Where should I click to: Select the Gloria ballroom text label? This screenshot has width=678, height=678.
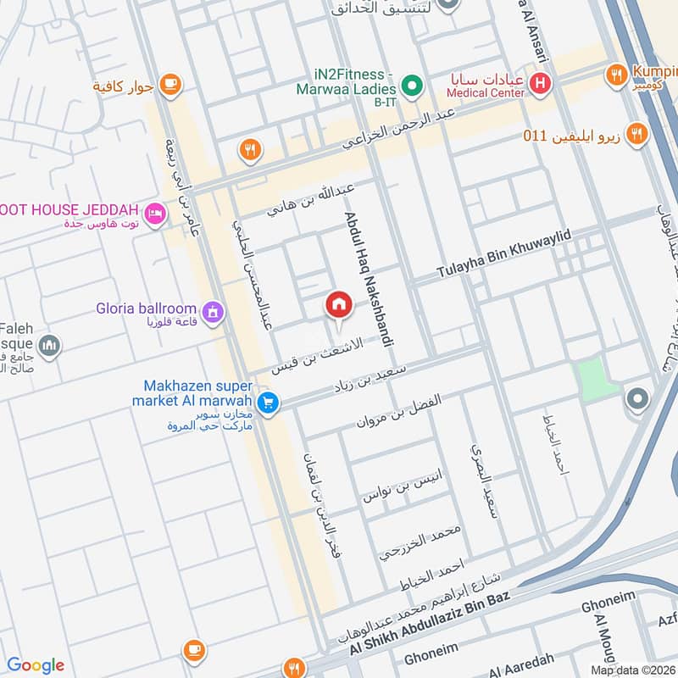coord(146,309)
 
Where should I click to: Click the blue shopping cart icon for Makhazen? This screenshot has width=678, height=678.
coord(268,403)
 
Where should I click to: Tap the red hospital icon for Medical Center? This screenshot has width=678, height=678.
coord(538,83)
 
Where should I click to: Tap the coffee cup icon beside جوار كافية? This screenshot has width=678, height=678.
coord(171,84)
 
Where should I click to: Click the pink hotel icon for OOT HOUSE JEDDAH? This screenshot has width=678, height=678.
coord(154,214)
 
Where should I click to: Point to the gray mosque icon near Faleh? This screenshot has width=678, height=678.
coord(49,345)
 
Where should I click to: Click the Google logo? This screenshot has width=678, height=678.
coord(36,665)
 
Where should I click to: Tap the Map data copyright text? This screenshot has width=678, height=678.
coord(633,670)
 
